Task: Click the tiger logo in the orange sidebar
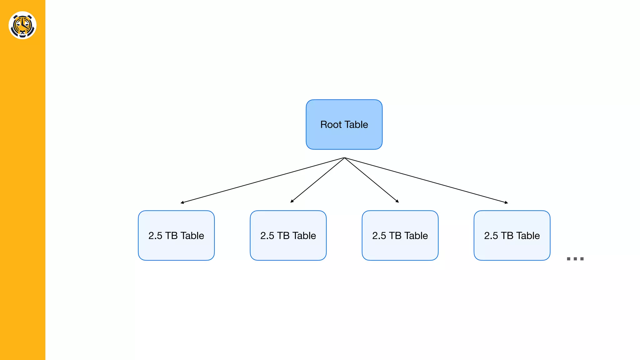click(22, 25)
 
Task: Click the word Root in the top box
click(331, 125)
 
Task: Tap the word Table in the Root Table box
click(356, 125)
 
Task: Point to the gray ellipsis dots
click(575, 259)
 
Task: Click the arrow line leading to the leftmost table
click(262, 180)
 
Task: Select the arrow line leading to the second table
click(317, 180)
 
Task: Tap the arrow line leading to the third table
click(372, 180)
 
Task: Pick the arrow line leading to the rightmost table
click(426, 180)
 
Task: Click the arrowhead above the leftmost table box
click(182, 203)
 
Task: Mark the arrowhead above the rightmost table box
click(507, 203)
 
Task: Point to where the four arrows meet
click(344, 158)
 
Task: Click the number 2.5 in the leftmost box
click(155, 236)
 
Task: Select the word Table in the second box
click(304, 236)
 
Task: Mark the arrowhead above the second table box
click(292, 202)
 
